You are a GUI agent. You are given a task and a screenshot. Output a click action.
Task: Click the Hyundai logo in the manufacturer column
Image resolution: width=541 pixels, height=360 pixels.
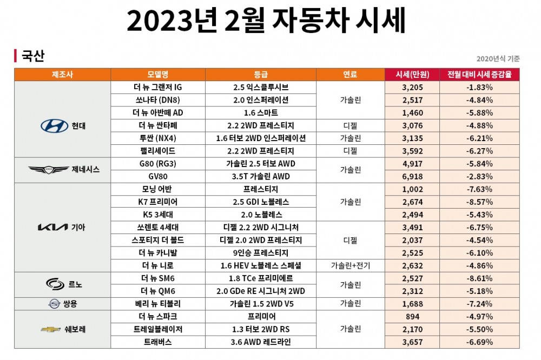pos(54,126)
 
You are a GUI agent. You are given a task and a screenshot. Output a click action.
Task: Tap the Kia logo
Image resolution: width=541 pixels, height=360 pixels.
pos(52,227)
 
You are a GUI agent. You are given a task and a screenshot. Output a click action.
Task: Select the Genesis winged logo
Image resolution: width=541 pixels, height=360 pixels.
pos(49,169)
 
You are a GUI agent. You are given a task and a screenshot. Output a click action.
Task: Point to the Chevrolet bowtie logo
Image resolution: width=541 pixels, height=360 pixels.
pos(51,329)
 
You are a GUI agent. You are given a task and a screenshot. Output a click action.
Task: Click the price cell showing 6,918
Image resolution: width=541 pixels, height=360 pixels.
pos(412,176)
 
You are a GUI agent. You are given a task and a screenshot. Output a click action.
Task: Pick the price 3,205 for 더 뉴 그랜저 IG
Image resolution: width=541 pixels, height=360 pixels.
pos(412,87)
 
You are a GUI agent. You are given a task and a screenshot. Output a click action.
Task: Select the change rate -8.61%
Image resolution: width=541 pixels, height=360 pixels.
pos(479,278)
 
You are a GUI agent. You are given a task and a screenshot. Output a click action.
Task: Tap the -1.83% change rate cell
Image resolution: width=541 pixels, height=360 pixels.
pos(479,87)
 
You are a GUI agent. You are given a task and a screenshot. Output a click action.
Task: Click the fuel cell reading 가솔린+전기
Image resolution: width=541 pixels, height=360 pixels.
pos(350,265)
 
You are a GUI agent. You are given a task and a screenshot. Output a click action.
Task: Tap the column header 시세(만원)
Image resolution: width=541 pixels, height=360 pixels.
pos(412,74)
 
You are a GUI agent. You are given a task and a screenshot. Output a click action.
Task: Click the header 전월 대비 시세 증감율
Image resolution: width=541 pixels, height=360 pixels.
pos(479,74)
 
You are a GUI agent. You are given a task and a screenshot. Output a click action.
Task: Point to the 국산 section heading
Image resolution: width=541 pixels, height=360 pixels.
pos(32,56)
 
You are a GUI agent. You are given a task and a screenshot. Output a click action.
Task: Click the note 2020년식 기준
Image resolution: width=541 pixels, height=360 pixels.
pos(498,58)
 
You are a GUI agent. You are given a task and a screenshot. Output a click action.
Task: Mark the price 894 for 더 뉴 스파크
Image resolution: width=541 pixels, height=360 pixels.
pos(412,316)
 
